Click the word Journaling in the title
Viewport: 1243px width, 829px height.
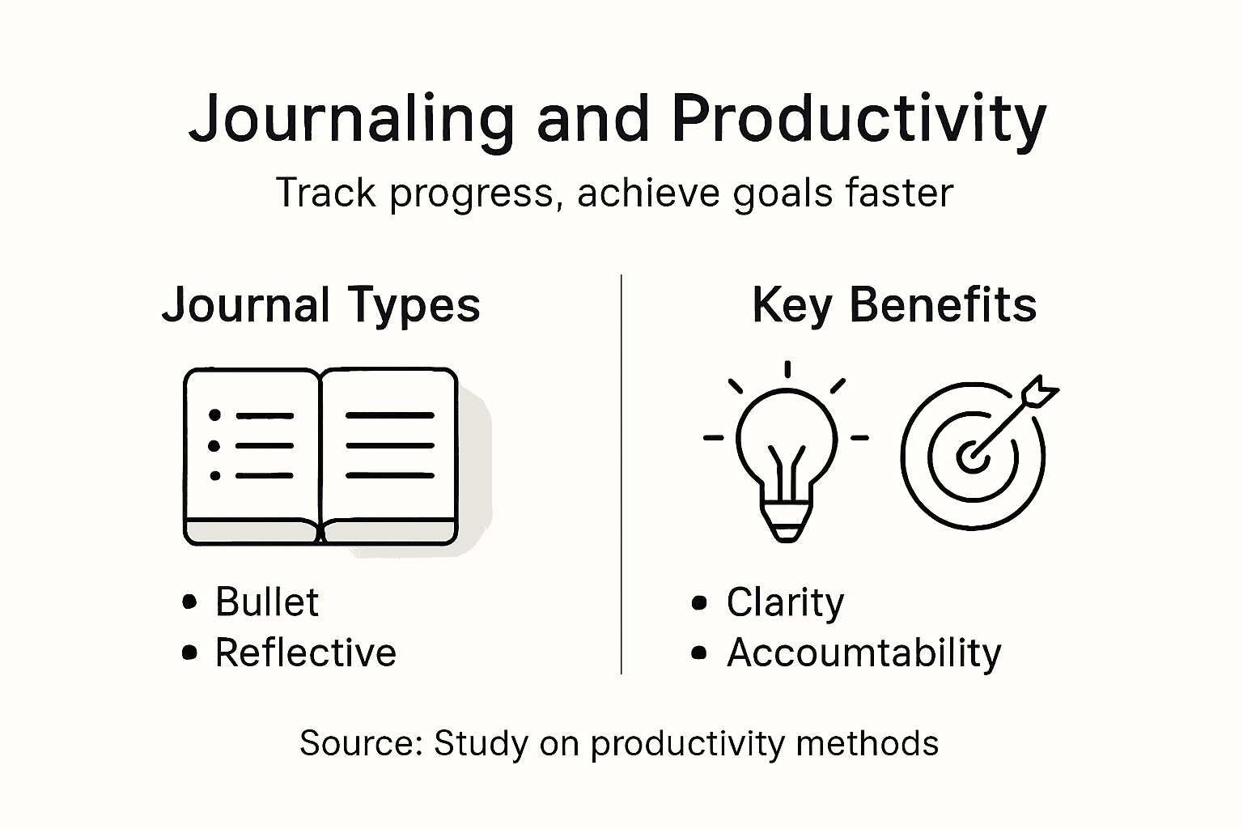[x=351, y=120]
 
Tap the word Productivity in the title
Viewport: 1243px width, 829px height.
[x=858, y=120]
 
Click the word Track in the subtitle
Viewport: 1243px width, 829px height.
[x=326, y=193]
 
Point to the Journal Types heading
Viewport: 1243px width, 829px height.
[x=321, y=305]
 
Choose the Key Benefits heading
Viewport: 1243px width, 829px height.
[x=894, y=305]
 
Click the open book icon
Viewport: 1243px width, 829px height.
[x=321, y=456]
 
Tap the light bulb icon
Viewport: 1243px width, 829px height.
[x=786, y=453]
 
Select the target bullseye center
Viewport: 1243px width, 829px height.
[x=972, y=457]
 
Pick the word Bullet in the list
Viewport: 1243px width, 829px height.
[x=267, y=602]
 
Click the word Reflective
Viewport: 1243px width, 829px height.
[x=305, y=653]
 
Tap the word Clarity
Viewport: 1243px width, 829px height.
[x=785, y=602]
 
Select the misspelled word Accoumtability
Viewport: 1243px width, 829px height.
[x=863, y=653]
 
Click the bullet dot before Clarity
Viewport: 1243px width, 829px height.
[x=700, y=603]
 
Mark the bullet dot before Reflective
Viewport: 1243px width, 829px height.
[x=190, y=653]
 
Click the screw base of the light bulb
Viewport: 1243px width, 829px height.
[x=785, y=522]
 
